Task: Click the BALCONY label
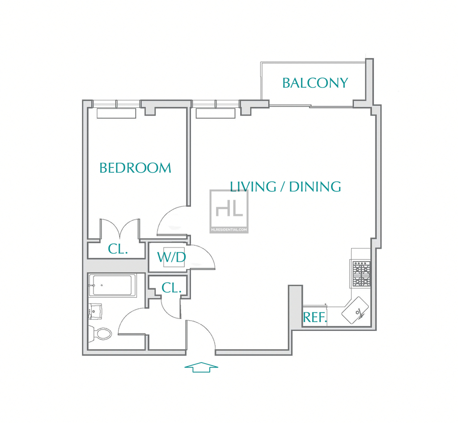coord(315,83)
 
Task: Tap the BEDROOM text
coord(135,168)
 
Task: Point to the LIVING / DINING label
coord(285,187)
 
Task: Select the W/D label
coord(171,257)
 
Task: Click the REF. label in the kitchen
coord(315,317)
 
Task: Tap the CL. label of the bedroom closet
coord(118,249)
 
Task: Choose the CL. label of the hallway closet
coord(172,288)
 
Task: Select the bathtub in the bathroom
coord(112,285)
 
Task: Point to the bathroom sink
coord(95,312)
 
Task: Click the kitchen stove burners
coord(361,274)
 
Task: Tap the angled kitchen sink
coord(355,310)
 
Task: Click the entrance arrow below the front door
coord(201,367)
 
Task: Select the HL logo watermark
coord(229,209)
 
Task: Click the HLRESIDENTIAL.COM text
coord(229,230)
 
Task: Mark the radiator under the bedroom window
coord(117,114)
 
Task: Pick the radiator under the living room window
coord(216,114)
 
